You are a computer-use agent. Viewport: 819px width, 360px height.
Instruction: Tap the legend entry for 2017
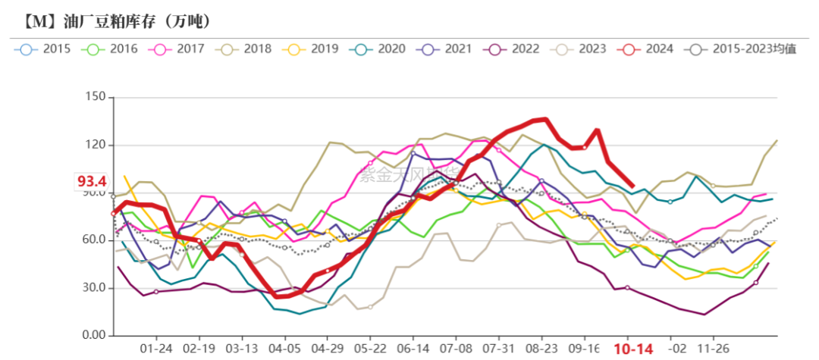178,49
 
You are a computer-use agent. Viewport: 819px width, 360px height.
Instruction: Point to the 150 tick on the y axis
94,97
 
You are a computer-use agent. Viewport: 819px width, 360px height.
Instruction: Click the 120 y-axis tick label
94,145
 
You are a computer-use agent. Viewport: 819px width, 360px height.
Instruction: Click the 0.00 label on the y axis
93,336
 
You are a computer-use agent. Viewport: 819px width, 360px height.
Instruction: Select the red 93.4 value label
91,181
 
